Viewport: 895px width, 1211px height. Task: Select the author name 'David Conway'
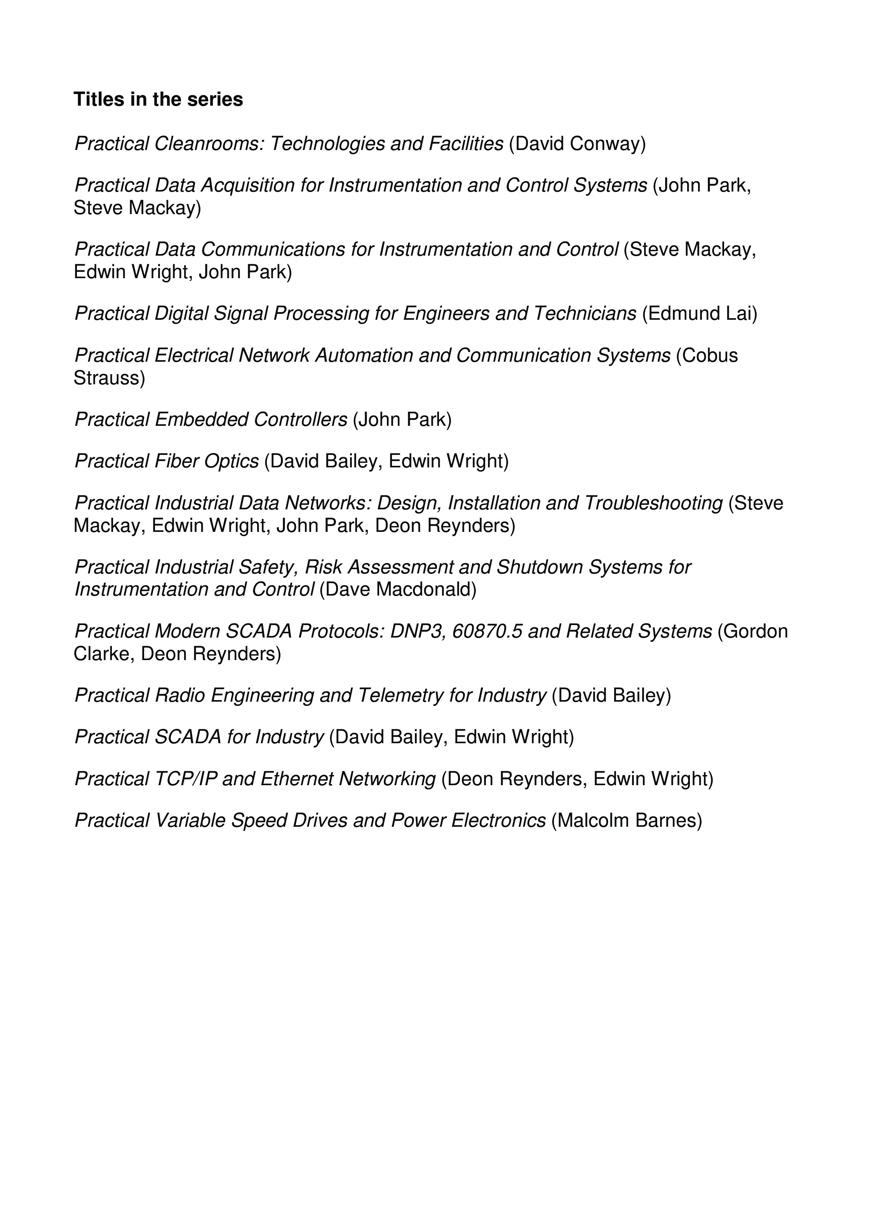click(578, 144)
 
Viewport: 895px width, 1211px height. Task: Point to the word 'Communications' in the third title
click(273, 250)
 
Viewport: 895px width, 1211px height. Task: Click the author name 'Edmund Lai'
click(700, 314)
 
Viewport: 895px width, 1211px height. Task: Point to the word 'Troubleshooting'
click(653, 504)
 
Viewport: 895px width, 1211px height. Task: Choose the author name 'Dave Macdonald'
click(398, 589)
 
